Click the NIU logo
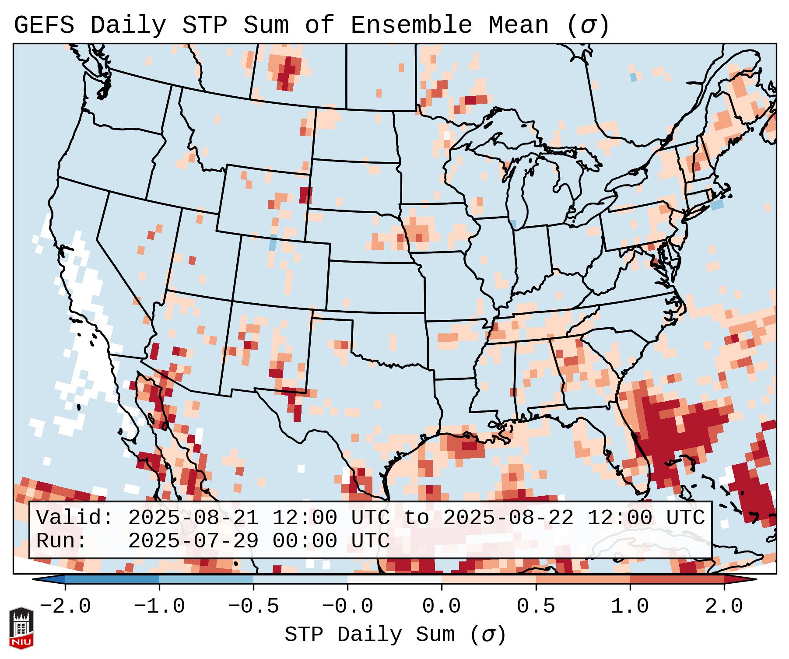point(21,627)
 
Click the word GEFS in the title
point(44,25)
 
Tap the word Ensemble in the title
point(411,25)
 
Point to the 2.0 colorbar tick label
point(724,606)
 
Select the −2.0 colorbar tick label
point(65,606)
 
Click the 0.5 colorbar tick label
point(536,606)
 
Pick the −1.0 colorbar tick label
point(159,606)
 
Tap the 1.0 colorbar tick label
point(630,606)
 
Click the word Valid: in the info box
point(75,518)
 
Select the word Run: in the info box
point(62,541)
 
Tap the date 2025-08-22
point(508,518)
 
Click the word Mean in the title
point(518,25)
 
